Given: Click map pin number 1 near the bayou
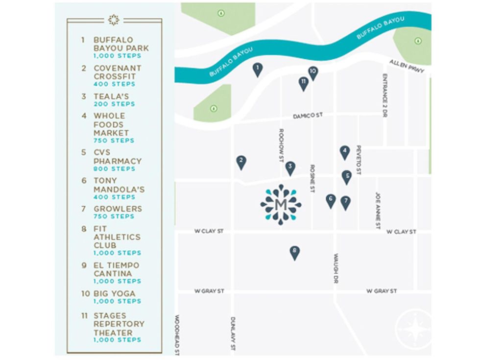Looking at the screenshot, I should pyautogui.click(x=257, y=69).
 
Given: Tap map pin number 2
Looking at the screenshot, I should pyautogui.click(x=241, y=162).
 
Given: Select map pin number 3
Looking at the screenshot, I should pyautogui.click(x=290, y=168).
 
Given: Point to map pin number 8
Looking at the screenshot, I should pyautogui.click(x=294, y=252).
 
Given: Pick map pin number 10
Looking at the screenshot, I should pyautogui.click(x=312, y=72).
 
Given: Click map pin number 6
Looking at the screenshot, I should pyautogui.click(x=331, y=200).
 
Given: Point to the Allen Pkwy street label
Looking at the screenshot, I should pyautogui.click(x=407, y=67).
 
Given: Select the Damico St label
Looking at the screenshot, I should pyautogui.click(x=308, y=116).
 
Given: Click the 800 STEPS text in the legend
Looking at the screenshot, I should pyautogui.click(x=114, y=169).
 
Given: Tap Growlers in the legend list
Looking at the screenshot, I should pyautogui.click(x=118, y=209).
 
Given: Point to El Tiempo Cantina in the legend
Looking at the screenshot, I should pyautogui.click(x=117, y=269).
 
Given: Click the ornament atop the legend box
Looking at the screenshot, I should pyautogui.click(x=114, y=20).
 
